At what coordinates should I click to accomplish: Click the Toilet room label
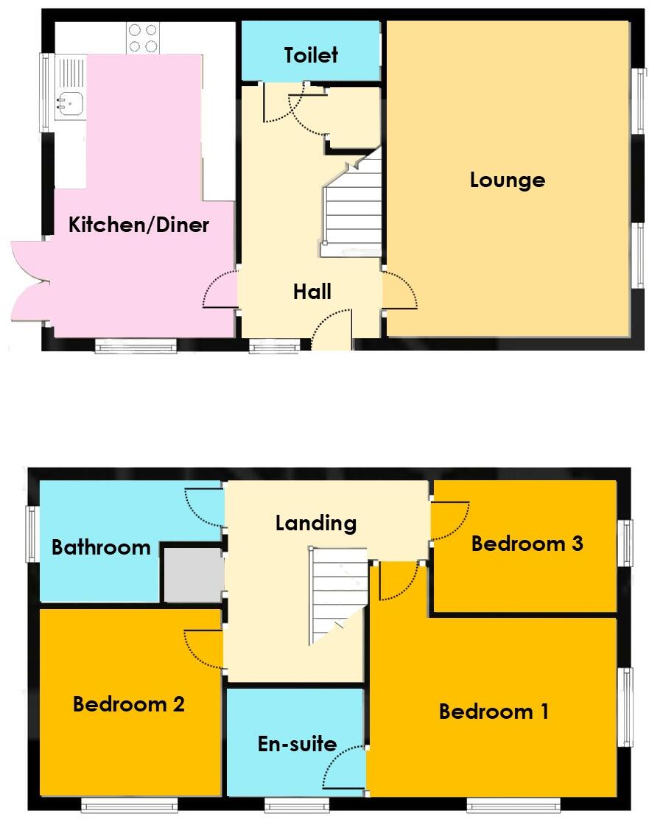coord(311,55)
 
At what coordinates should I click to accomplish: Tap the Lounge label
coord(508,180)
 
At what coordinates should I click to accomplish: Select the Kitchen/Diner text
coord(138,225)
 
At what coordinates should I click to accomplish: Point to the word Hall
coord(312,292)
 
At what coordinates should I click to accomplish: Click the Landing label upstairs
coord(316,523)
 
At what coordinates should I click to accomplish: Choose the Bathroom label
coord(101,547)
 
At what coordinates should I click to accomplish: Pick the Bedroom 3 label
coord(527,544)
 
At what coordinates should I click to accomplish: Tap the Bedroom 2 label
coord(128,704)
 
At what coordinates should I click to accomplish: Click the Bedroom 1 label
coord(494,711)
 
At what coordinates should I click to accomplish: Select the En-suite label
coord(297,744)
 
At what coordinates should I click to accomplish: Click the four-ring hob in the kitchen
coord(143,38)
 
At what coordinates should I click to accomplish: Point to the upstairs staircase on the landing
coord(337,593)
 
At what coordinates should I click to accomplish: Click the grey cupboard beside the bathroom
coord(193,574)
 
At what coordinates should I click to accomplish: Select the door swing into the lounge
coord(399,291)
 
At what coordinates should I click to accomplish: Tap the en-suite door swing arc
coord(346,767)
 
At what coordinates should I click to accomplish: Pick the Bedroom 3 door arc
coord(449,521)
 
